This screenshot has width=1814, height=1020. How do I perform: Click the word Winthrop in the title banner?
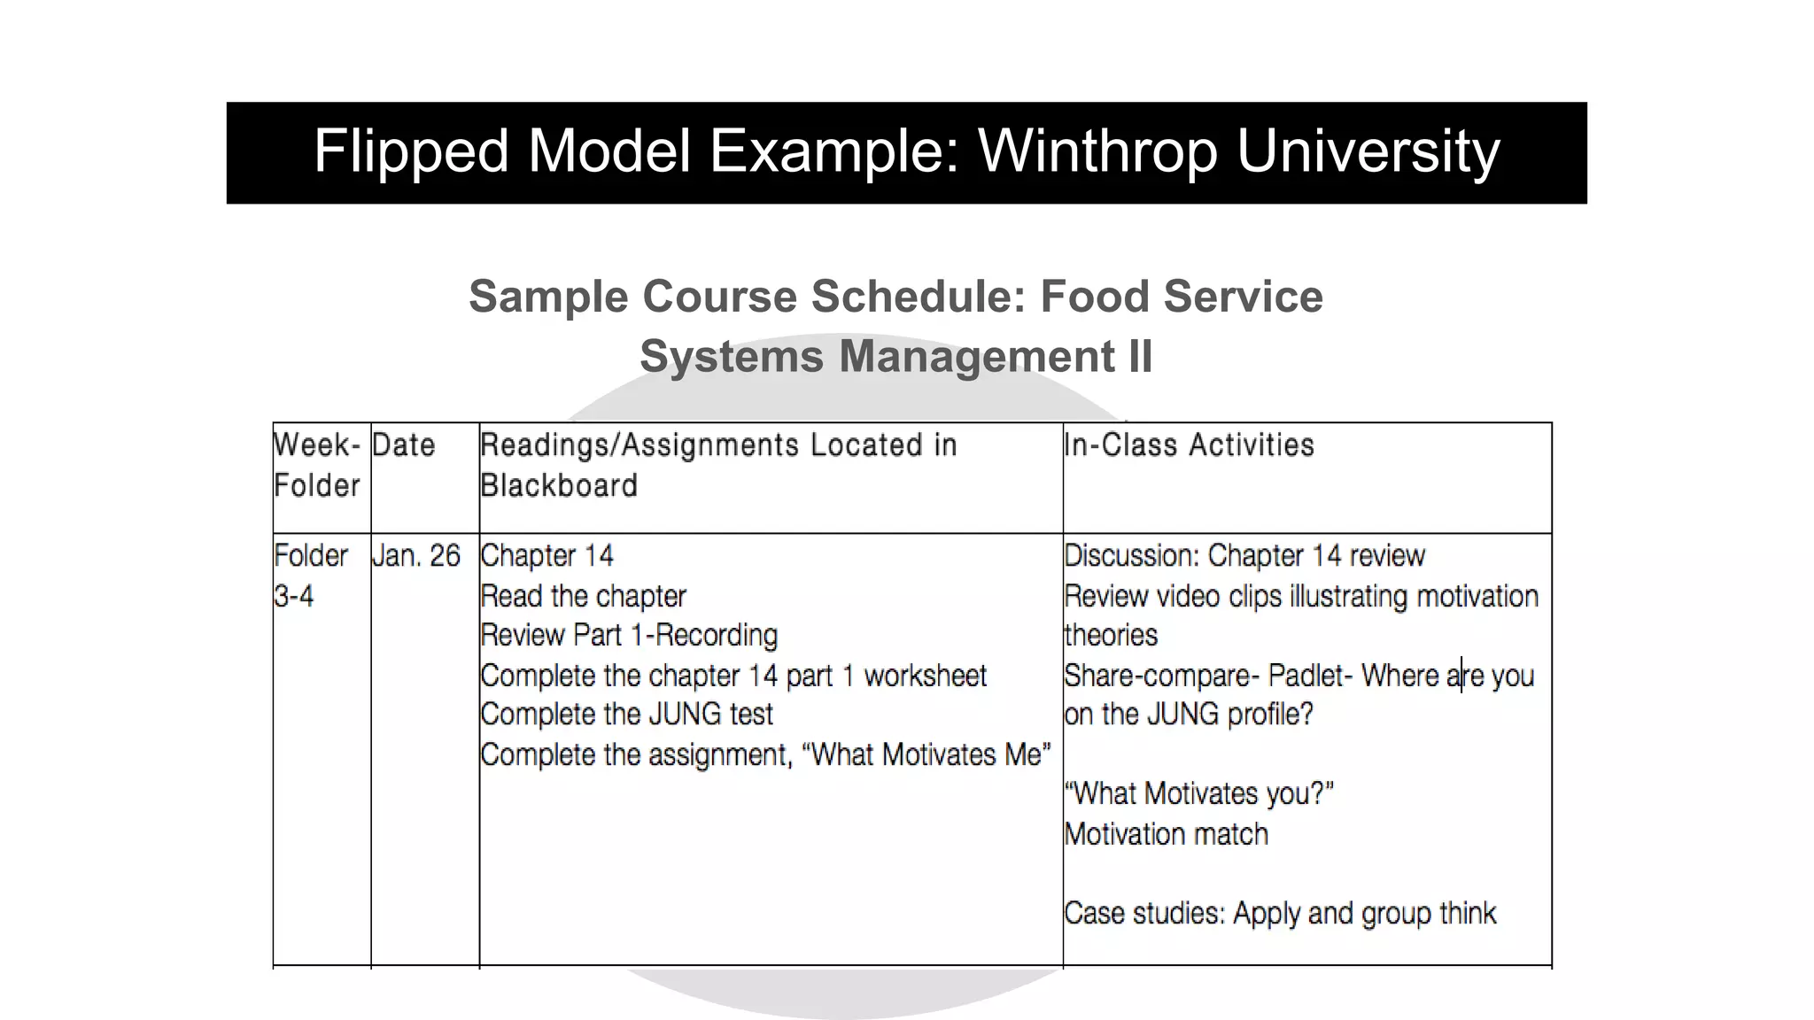[x=1097, y=151]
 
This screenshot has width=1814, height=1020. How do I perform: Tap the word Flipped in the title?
[x=411, y=151]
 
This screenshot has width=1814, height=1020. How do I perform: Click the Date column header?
[x=404, y=445]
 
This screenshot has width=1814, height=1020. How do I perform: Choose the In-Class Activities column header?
[x=1189, y=445]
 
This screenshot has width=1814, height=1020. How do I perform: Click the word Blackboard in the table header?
[x=559, y=486]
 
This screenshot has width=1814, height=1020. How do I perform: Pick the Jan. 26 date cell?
[x=416, y=556]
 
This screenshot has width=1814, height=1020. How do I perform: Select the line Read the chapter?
[x=583, y=597]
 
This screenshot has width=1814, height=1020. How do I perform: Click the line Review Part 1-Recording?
[x=629, y=636]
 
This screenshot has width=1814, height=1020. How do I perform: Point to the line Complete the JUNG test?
[x=626, y=715]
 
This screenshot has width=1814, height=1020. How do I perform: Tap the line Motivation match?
[x=1166, y=834]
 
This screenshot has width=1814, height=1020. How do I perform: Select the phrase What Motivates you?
[x=1198, y=794]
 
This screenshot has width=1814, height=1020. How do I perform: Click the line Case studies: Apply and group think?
[x=1280, y=913]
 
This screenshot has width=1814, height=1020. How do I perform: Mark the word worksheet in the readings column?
[x=925, y=676]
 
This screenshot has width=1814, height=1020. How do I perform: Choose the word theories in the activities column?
[x=1111, y=636]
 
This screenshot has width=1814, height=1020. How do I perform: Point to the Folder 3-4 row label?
[x=310, y=576]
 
